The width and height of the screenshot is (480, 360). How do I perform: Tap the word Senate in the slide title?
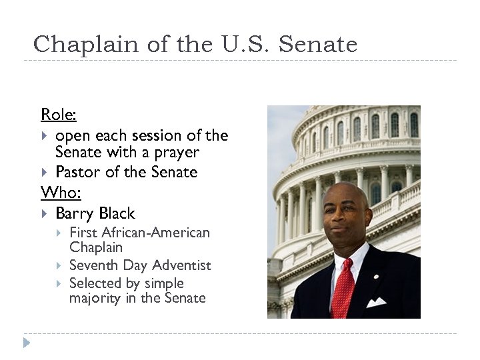point(318,45)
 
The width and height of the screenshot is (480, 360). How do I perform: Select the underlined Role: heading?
point(59,115)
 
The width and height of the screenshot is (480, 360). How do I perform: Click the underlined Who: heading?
point(61,193)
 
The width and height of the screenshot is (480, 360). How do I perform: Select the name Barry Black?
point(95,213)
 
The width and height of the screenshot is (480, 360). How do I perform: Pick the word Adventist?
point(180,265)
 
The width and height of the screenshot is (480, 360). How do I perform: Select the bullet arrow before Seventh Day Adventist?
point(59,265)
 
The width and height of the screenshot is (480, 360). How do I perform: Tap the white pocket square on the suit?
point(376,302)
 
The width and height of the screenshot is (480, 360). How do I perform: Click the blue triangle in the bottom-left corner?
point(27,343)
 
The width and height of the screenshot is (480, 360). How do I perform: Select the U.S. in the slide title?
point(243,45)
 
